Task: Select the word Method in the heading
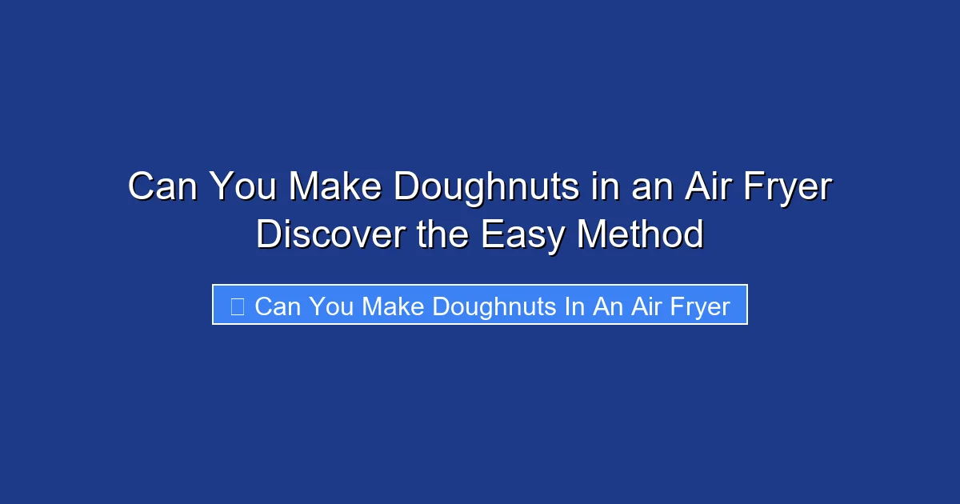coord(640,234)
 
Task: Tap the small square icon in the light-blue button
coord(237,306)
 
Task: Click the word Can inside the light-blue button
coord(277,306)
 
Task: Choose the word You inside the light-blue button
coord(330,306)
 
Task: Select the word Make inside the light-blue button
coord(393,306)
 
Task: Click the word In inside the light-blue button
coord(574,306)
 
